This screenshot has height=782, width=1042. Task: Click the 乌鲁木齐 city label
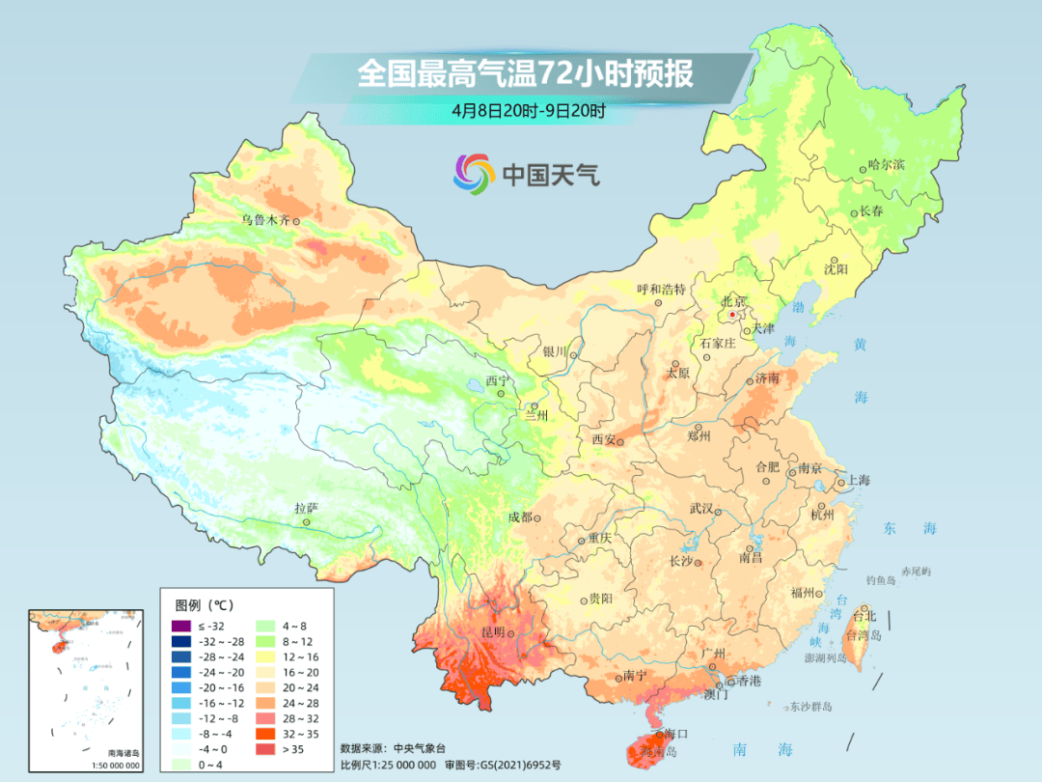click(264, 220)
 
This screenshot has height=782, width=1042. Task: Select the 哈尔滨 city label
click(887, 165)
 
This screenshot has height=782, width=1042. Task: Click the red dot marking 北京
click(732, 315)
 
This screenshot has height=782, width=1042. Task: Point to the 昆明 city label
click(492, 632)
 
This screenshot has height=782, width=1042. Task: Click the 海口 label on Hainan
click(676, 735)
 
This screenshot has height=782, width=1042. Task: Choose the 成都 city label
click(520, 517)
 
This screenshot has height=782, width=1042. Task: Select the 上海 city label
click(858, 481)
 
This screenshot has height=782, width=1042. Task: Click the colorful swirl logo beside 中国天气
click(474, 174)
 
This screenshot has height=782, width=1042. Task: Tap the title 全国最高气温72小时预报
click(525, 74)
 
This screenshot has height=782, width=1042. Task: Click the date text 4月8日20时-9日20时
click(528, 110)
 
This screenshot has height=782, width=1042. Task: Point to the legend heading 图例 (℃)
click(205, 606)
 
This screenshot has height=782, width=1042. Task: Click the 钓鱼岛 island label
click(882, 580)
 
